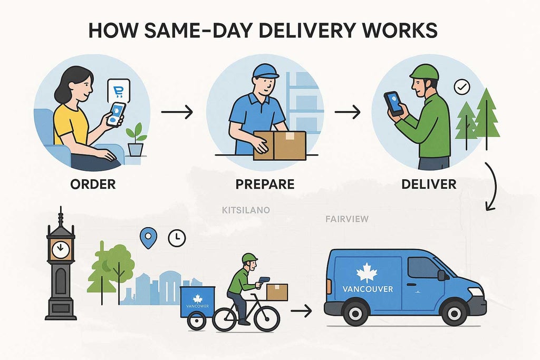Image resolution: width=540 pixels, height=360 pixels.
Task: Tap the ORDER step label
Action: (x=93, y=184)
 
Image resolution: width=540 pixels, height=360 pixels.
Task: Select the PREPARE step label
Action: (x=265, y=184)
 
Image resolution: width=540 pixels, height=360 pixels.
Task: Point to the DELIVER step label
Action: (x=429, y=184)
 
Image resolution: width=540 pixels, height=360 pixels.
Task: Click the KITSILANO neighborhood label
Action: (x=246, y=210)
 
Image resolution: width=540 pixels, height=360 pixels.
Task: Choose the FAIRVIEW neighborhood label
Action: (x=347, y=219)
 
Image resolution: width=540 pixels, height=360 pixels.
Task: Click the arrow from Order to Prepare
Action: (x=177, y=112)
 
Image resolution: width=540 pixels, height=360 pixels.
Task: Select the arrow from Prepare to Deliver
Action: (x=348, y=112)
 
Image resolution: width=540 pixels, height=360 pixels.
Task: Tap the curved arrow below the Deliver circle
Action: (x=492, y=186)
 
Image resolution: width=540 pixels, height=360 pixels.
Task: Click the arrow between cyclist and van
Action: (x=301, y=311)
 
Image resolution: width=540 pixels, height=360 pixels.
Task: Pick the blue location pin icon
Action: (x=148, y=238)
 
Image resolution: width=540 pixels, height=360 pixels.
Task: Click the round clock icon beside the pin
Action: (x=177, y=238)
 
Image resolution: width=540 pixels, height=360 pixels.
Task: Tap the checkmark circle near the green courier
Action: (x=462, y=87)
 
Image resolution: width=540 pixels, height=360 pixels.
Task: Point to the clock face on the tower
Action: (x=61, y=249)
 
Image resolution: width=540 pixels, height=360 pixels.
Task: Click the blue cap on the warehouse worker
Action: (x=265, y=71)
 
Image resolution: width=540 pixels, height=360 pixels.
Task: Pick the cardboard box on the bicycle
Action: (x=277, y=292)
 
